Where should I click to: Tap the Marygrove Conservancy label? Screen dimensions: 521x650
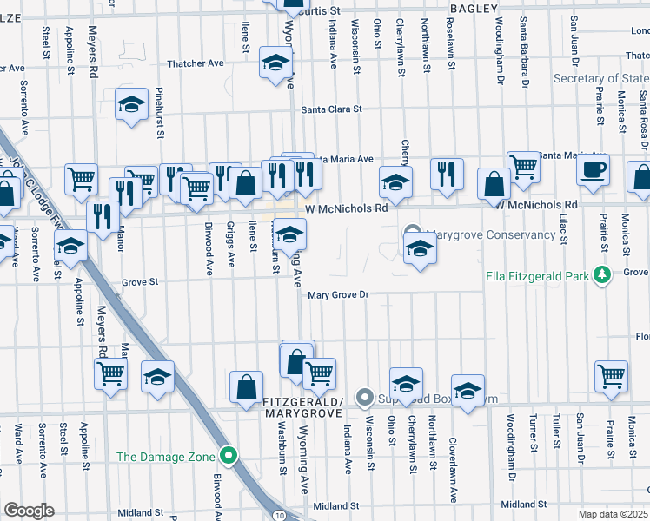[491, 234]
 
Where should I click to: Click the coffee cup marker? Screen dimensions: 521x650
[593, 170]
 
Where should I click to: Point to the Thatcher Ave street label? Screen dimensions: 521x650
[196, 63]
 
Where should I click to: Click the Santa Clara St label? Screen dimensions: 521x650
[331, 109]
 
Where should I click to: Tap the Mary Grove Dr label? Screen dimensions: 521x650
[339, 295]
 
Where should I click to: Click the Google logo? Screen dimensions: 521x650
[29, 511]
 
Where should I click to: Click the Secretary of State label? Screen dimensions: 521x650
[600, 79]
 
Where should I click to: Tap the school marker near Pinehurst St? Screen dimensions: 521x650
[131, 106]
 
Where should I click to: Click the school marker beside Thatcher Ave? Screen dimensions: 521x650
[275, 65]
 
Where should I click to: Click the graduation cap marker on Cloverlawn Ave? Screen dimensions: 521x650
[468, 391]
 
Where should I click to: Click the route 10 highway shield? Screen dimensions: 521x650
[275, 515]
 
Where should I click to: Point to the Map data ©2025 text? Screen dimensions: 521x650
[613, 513]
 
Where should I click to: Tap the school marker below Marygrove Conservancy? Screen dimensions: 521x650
[420, 248]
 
